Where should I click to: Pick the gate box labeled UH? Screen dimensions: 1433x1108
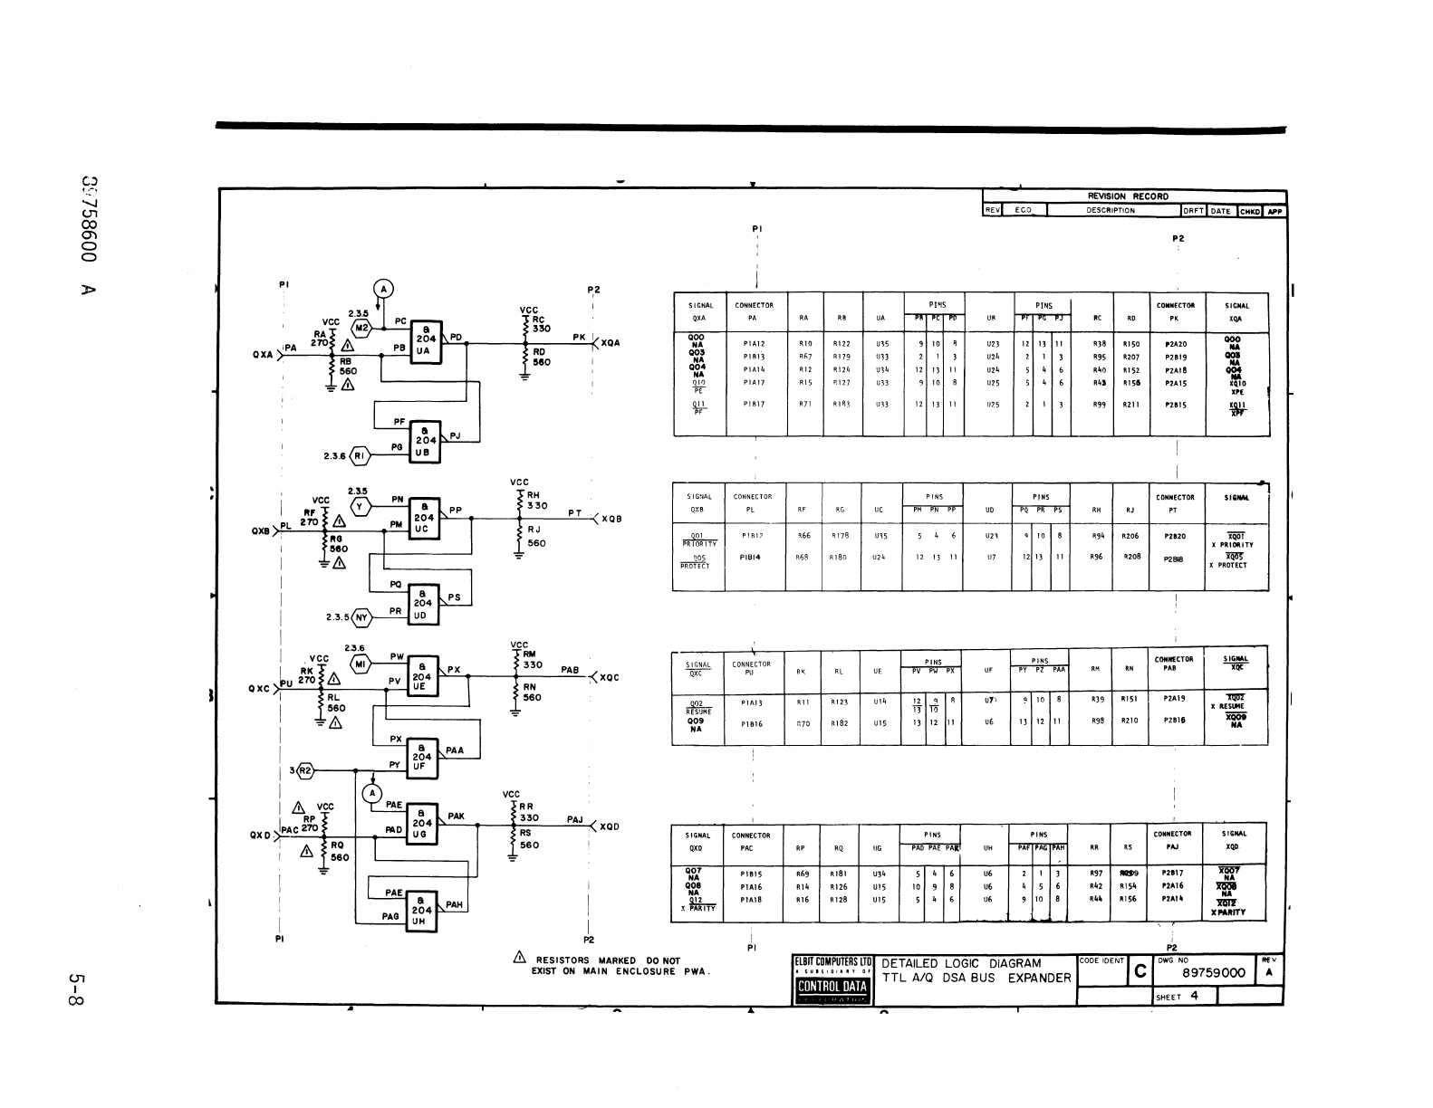point(423,910)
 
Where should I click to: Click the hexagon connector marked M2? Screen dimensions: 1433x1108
point(361,328)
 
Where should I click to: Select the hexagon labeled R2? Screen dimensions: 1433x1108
point(305,771)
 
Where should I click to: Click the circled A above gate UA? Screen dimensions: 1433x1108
point(383,289)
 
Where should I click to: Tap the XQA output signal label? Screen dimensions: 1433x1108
point(611,344)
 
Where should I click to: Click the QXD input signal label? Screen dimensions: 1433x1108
point(262,835)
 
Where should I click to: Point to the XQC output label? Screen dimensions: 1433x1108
point(609,677)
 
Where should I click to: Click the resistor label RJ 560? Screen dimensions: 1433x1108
point(536,536)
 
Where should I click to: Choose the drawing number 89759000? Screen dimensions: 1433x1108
point(1214,973)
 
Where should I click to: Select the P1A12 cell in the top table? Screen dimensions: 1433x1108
point(754,344)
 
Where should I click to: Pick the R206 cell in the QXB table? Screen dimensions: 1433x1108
point(1130,536)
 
